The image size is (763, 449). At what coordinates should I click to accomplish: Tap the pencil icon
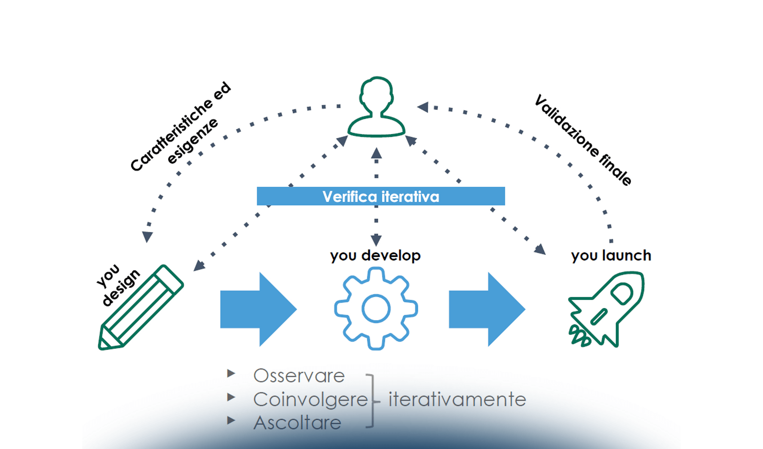click(141, 308)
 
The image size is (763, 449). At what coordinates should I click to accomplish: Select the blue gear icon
click(376, 309)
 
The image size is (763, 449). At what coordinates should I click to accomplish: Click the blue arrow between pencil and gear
click(258, 309)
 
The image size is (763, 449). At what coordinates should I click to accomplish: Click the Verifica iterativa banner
click(381, 196)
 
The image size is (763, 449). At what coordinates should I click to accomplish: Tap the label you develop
click(375, 256)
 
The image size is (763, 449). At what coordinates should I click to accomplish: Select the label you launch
click(611, 256)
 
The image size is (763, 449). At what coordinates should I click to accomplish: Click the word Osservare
click(299, 376)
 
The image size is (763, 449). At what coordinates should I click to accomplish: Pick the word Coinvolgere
click(310, 399)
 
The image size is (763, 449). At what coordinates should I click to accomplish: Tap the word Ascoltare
click(297, 423)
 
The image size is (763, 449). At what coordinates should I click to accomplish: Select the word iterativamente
click(457, 399)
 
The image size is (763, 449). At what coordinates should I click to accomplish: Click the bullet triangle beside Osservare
click(231, 373)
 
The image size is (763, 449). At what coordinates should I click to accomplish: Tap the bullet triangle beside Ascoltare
click(231, 421)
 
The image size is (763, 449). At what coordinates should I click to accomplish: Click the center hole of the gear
click(376, 309)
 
